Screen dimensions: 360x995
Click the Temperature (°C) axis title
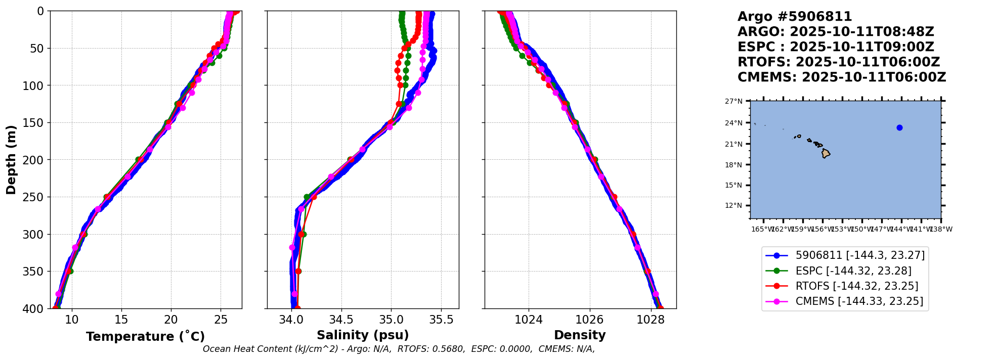(145, 337)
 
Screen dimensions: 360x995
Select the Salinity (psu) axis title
(363, 335)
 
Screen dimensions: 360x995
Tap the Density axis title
(580, 335)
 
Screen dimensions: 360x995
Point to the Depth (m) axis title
(11, 160)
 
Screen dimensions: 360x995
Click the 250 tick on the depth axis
(37, 197)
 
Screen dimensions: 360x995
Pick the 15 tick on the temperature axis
(121, 320)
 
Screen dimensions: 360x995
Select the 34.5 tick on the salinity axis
(341, 320)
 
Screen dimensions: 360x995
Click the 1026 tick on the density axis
(589, 320)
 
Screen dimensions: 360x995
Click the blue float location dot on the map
(899, 128)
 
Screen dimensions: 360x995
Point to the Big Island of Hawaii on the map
(826, 153)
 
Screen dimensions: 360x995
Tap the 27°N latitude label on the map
(733, 101)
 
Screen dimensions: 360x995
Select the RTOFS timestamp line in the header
(838, 62)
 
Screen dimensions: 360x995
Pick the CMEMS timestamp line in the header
(841, 77)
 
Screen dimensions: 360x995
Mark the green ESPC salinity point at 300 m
(303, 234)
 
